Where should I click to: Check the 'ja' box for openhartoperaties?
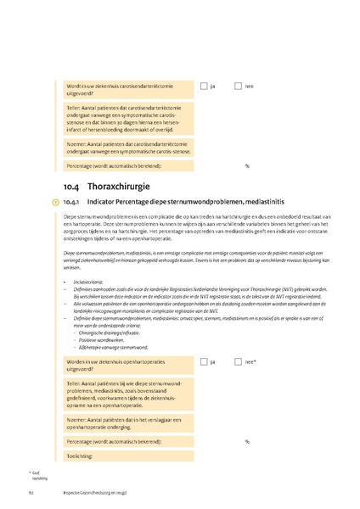[x=204, y=362]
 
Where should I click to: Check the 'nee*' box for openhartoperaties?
[x=239, y=362]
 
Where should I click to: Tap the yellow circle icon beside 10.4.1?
[x=55, y=202]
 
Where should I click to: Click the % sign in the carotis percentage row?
[x=247, y=165]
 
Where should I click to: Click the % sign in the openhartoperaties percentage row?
[x=247, y=441]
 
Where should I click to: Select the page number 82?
[x=31, y=492]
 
